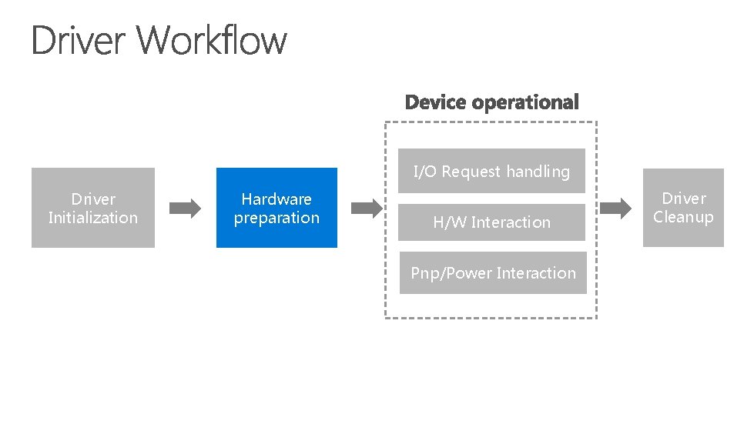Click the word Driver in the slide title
pyautogui.click(x=81, y=40)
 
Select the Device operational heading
pyautogui.click(x=491, y=102)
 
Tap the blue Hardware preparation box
pyautogui.click(x=276, y=208)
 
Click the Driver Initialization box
pyautogui.click(x=92, y=208)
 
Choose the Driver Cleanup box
pyautogui.click(x=683, y=208)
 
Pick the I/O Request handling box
pyautogui.click(x=491, y=171)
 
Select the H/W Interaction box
pyautogui.click(x=491, y=222)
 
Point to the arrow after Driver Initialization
pyautogui.click(x=185, y=208)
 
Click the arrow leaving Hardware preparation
pyautogui.click(x=367, y=207)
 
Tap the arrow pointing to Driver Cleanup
pyautogui.click(x=615, y=207)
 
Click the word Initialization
pyautogui.click(x=92, y=218)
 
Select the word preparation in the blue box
pyautogui.click(x=276, y=218)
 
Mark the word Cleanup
pyautogui.click(x=683, y=217)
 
